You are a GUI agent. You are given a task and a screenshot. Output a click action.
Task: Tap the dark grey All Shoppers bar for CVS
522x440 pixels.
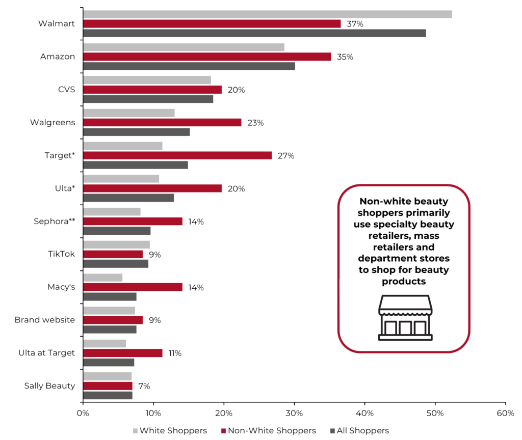tap(148, 99)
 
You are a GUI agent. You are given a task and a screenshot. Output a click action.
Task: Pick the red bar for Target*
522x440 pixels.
tap(177, 155)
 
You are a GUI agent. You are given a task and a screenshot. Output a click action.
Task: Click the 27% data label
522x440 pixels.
tap(286, 156)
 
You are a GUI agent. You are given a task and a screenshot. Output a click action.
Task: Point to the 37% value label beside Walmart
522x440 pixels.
tap(355, 24)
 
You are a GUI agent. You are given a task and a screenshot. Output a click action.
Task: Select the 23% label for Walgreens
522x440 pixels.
tap(255, 123)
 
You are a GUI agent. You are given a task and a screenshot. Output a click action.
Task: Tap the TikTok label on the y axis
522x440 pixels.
tap(61, 254)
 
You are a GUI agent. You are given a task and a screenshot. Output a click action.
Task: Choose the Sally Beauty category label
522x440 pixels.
tap(49, 386)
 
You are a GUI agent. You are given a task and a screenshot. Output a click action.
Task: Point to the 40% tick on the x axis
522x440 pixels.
tap(364, 413)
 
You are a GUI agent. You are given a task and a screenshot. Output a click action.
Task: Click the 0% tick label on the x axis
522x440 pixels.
tap(83, 413)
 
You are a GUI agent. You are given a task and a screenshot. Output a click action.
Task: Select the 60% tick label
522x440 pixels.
tap(505, 413)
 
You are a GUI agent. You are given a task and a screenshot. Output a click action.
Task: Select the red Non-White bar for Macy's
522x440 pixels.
tap(133, 287)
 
